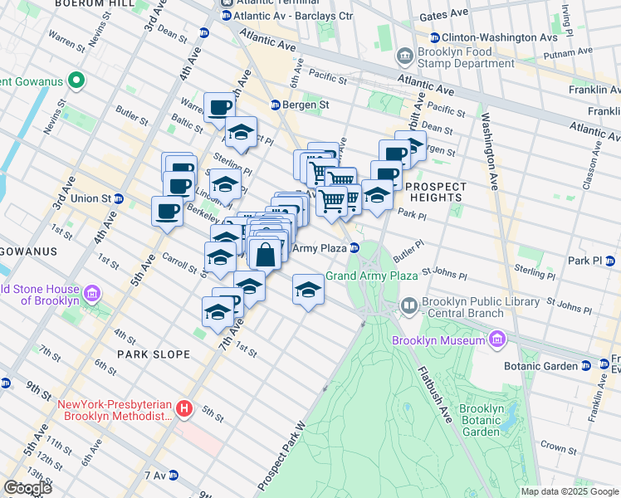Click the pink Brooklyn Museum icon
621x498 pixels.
(496, 339)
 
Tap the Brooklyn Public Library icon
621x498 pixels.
(408, 307)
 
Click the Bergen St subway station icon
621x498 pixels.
(276, 105)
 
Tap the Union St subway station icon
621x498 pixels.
(119, 199)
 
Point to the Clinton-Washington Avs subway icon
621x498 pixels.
(434, 37)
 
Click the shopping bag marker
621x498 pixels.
(265, 255)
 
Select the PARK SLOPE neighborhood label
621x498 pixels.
(153, 354)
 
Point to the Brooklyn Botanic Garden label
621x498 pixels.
(481, 420)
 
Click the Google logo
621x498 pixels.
(27, 488)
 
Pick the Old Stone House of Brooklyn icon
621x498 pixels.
(91, 295)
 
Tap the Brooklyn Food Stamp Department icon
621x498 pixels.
(405, 56)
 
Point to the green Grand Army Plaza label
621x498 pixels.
(370, 276)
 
